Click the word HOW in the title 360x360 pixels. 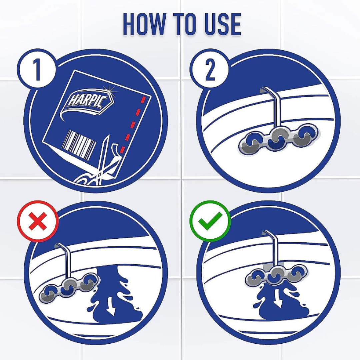coord(144,24)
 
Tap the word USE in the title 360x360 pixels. coord(223,24)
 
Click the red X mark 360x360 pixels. coord(38,221)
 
